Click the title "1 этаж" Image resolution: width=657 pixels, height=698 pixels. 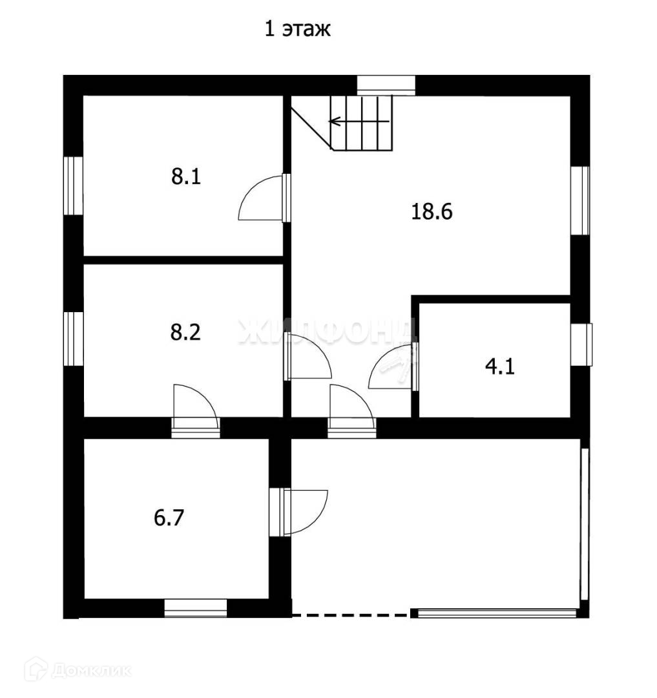click(298, 30)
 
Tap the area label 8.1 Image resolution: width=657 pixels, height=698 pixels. click(186, 176)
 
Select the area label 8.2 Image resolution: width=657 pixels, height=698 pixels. click(186, 332)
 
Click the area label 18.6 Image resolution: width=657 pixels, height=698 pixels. click(432, 211)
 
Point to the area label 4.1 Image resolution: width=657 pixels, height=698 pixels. click(499, 368)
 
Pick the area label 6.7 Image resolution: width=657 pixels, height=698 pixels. click(169, 518)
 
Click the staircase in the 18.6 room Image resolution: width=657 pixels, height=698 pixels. click(362, 123)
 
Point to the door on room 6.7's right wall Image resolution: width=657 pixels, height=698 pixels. click(304, 511)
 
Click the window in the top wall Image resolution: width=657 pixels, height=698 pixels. click(386, 85)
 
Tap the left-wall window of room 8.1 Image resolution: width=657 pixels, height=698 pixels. click(73, 185)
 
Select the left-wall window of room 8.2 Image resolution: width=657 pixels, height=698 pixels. click(73, 339)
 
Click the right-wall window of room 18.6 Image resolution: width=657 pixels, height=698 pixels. click(581, 200)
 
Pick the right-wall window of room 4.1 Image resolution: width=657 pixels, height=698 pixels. click(581, 344)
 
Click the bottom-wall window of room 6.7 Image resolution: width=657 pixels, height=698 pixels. click(196, 608)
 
